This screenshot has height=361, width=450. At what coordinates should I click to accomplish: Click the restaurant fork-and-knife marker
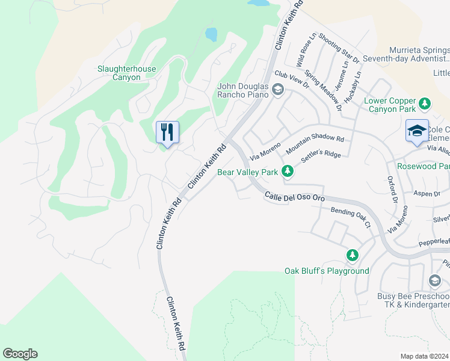(167, 131)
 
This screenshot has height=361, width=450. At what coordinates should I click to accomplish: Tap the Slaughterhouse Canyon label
(126, 73)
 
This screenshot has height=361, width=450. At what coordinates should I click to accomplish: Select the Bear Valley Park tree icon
(288, 172)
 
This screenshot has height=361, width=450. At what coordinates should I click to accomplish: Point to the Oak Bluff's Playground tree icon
(352, 256)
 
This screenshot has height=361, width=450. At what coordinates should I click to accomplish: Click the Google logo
(20, 354)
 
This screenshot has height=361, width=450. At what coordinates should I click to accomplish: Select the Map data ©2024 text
(424, 356)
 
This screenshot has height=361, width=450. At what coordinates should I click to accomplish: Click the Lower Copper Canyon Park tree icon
(425, 103)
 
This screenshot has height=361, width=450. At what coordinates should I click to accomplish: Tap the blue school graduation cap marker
(417, 131)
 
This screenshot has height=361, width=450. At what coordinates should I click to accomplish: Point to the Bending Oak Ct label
(349, 217)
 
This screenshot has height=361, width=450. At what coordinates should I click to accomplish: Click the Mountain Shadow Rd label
(315, 143)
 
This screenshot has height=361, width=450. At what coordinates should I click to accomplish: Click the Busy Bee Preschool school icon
(435, 281)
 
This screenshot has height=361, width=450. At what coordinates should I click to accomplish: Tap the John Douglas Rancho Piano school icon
(277, 90)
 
